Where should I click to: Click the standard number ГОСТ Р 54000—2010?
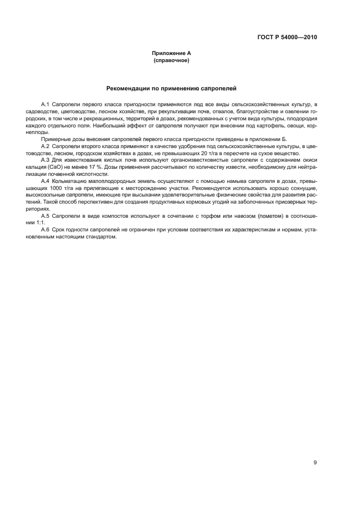[x=286, y=38]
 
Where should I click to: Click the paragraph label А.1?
[x=45, y=103]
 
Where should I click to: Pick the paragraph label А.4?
[x=45, y=180]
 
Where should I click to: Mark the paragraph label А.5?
[x=45, y=216]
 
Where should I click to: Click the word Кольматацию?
[x=69, y=180]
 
